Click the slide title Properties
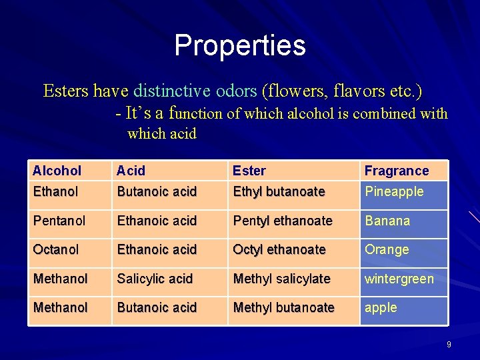[240, 45]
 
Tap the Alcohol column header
[57, 171]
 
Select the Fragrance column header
[397, 171]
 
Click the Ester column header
[249, 171]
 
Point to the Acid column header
[131, 171]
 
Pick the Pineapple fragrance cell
[394, 191]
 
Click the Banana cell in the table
[387, 221]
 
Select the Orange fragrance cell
[387, 249]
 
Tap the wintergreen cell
[399, 279]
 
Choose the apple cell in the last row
[381, 308]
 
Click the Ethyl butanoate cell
[279, 191]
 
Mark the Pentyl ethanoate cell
[283, 221]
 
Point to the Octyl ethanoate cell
[279, 249]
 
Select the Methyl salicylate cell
[281, 279]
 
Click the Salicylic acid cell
[155, 279]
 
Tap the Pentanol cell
[59, 221]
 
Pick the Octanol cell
[56, 249]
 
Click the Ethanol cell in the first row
[55, 191]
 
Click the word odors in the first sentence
[236, 90]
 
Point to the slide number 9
[449, 345]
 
